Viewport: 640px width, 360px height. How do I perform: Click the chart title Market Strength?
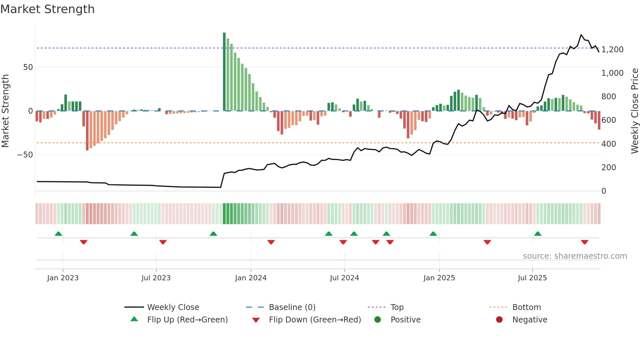click(x=47, y=9)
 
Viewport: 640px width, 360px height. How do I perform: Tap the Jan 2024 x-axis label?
click(x=250, y=278)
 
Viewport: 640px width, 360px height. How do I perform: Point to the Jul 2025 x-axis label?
click(x=532, y=278)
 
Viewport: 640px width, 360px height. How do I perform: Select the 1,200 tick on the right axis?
click(x=612, y=50)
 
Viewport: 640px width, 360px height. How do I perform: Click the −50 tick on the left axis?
click(x=25, y=155)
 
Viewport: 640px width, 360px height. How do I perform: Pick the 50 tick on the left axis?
click(x=28, y=67)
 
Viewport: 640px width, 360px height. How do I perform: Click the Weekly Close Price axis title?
click(x=634, y=111)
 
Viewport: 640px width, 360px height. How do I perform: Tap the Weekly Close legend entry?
click(x=173, y=307)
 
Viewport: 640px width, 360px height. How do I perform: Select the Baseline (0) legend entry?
click(x=292, y=307)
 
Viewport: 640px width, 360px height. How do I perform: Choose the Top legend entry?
click(x=397, y=307)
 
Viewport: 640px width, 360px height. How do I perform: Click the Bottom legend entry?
click(x=526, y=307)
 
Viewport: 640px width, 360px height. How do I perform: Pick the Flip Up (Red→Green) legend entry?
click(x=187, y=320)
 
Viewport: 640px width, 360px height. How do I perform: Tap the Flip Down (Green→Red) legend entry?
click(x=315, y=320)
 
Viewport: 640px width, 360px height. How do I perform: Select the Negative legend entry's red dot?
click(x=499, y=320)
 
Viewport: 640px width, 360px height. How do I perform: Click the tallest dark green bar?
click(x=224, y=72)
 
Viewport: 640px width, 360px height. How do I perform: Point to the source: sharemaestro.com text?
click(x=575, y=256)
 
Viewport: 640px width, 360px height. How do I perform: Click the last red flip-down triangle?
click(x=584, y=242)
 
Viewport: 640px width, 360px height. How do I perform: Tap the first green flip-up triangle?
click(x=58, y=234)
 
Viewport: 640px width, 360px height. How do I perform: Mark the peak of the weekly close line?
click(x=581, y=35)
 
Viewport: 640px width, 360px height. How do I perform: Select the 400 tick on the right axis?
click(x=608, y=144)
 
